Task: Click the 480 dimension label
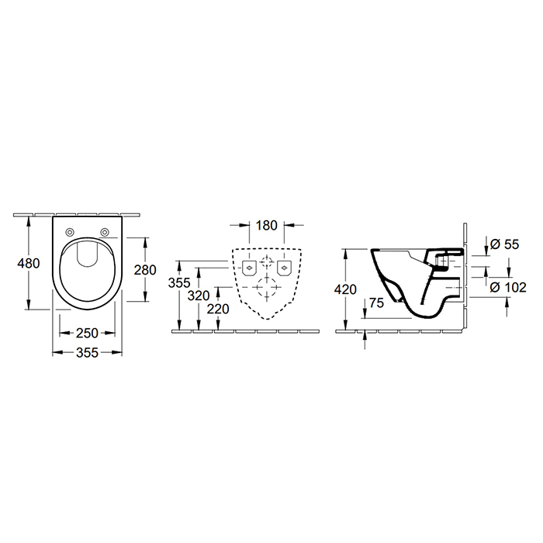tap(29, 264)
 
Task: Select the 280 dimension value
tap(145, 270)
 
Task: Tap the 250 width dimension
tap(87, 333)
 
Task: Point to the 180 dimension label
tap(267, 226)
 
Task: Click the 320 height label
tap(199, 296)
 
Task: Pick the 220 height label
tap(218, 309)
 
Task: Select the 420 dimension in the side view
tap(345, 289)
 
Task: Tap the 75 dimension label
tap(376, 303)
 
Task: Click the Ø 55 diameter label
tap(504, 244)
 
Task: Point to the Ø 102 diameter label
tap(508, 288)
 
